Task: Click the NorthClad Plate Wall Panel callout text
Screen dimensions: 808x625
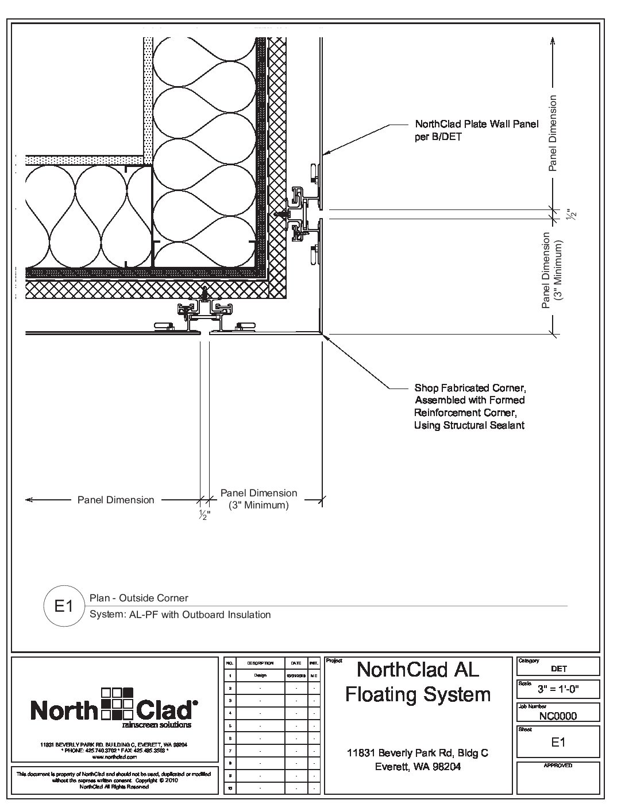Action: point(476,130)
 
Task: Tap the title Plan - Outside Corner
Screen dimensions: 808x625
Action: point(139,598)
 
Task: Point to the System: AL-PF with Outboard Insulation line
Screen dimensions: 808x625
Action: point(180,615)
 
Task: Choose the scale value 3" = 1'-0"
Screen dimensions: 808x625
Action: point(558,689)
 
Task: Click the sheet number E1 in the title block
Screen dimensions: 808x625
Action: point(558,742)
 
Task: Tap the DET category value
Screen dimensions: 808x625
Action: point(558,669)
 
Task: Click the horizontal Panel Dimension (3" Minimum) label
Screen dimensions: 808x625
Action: point(259,499)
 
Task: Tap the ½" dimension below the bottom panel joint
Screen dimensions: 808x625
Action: point(205,515)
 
